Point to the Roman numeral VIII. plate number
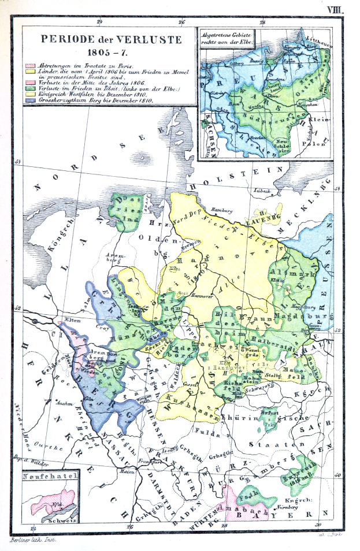(x=335, y=9)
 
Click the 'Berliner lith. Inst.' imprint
(x=31, y=541)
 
